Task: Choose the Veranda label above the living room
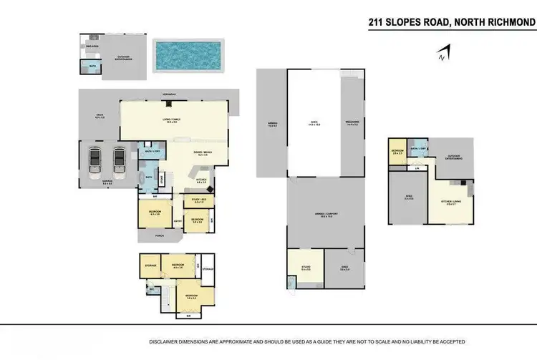pyautogui.click(x=169, y=93)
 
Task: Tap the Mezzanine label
pyautogui.click(x=352, y=122)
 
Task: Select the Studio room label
pyautogui.click(x=306, y=268)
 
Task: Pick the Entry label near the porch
pyautogui.click(x=176, y=221)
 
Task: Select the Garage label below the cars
pyautogui.click(x=106, y=183)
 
